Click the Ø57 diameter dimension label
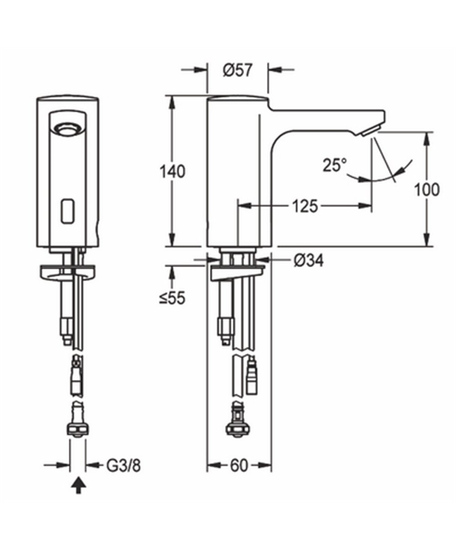(238, 70)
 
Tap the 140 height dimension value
(172, 172)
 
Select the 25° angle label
(335, 165)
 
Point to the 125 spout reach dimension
(304, 206)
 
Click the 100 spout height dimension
(427, 189)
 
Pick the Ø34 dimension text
(308, 260)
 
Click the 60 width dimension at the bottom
(239, 465)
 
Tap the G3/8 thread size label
(123, 466)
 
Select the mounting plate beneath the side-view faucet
(237, 273)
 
